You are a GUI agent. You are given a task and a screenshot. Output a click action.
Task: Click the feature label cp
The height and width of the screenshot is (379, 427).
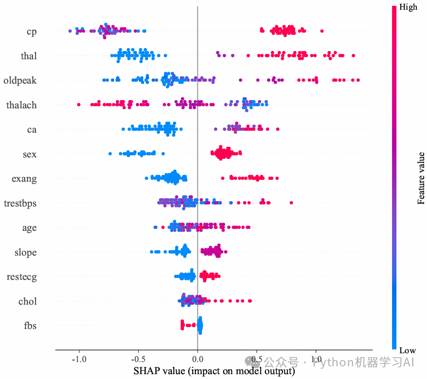(32, 32)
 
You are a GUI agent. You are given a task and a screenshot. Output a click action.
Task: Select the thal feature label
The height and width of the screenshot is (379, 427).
(29, 56)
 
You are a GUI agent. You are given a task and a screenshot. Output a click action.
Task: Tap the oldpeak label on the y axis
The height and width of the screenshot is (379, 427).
(20, 80)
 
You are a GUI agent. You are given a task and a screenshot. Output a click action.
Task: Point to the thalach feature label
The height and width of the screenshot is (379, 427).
(22, 105)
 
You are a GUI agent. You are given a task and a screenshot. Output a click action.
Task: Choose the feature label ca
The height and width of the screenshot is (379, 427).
(32, 130)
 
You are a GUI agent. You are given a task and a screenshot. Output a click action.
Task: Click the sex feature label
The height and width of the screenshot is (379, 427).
(30, 154)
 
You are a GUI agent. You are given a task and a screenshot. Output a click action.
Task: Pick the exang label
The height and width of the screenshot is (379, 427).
(24, 179)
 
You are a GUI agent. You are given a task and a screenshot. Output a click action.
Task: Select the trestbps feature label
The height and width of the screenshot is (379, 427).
(20, 203)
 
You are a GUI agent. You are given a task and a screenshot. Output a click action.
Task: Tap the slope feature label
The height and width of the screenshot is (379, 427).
(26, 253)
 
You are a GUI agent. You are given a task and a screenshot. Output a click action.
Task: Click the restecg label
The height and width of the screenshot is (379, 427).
(22, 277)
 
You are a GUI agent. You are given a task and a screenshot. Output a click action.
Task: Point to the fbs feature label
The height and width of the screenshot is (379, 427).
(30, 326)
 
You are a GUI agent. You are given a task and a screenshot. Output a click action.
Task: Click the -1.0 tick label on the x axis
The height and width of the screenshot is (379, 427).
(79, 360)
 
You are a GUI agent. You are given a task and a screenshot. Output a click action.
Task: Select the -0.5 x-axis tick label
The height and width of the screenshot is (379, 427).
(138, 360)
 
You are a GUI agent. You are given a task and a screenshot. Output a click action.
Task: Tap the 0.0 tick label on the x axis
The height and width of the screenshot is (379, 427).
(197, 360)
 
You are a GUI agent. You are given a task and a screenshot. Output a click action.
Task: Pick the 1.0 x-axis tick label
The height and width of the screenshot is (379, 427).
(316, 360)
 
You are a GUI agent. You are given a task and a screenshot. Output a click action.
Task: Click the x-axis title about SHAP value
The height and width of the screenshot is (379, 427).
(214, 372)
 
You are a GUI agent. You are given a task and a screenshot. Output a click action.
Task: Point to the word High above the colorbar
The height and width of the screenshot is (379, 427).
(408, 7)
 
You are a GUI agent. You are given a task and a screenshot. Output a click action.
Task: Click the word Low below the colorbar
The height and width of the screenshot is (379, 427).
(407, 350)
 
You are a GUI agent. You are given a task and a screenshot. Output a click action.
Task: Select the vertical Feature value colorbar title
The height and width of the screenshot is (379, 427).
(421, 178)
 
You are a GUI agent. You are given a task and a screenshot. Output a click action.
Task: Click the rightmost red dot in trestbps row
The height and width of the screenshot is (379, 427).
(291, 203)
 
